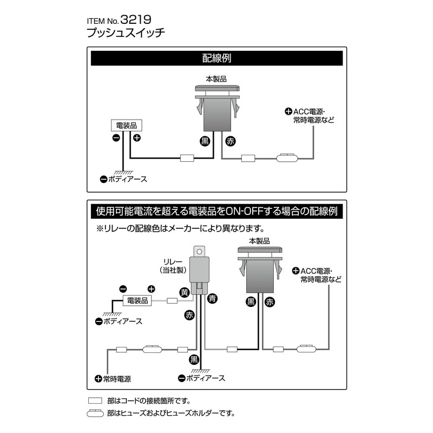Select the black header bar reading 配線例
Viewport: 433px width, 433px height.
coord(216,58)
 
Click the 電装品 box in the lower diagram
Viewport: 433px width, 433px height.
coord(137,300)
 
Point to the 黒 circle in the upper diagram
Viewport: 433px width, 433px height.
coord(205,141)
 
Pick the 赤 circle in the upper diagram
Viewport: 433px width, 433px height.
coord(229,141)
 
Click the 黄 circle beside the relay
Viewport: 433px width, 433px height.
coord(185,292)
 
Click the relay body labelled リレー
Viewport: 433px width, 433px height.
coord(200,271)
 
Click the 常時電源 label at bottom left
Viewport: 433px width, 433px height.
coord(116,379)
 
